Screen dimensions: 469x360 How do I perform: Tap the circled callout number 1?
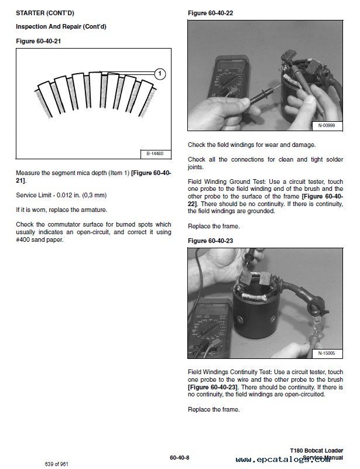click(160, 74)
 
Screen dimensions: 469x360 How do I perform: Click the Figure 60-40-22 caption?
click(208, 12)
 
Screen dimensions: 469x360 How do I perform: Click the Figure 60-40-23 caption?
click(208, 241)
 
